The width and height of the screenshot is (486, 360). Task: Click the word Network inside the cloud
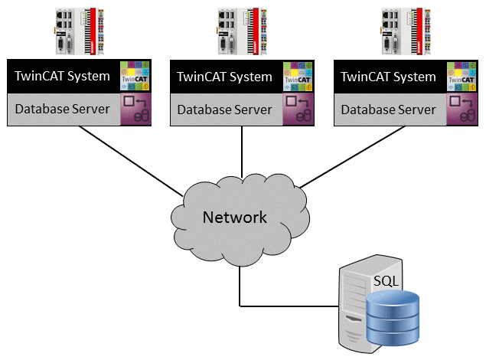point(234,218)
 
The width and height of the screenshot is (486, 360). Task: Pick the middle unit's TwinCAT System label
point(224,77)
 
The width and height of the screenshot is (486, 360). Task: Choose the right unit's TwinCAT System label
point(388,77)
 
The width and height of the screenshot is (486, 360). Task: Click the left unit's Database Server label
point(63,110)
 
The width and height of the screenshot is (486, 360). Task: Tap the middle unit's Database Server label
point(224,110)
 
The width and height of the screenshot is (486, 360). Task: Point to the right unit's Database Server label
point(388,110)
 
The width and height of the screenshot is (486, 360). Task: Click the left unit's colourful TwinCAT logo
point(135,76)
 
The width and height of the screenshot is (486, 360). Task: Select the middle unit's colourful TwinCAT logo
point(299,76)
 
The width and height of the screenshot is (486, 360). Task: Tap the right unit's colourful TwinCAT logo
point(463,76)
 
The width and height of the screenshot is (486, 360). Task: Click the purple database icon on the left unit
point(135,110)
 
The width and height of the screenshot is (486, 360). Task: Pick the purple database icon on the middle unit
point(299,110)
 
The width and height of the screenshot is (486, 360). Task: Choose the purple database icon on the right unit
point(463,110)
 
